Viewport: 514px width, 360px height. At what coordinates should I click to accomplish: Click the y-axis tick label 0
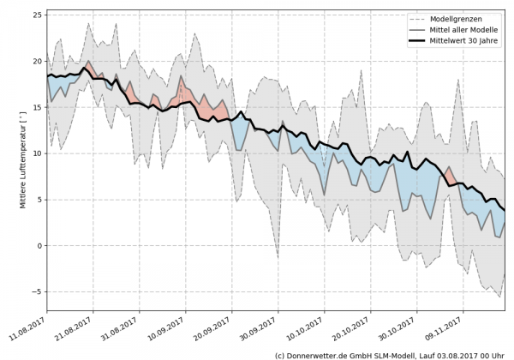39,246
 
